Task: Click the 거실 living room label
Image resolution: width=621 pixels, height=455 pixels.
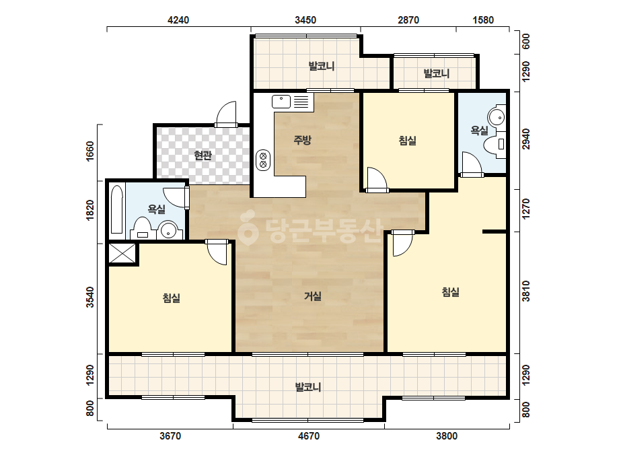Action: [x=312, y=296]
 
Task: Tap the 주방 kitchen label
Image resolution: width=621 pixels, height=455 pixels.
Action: [x=303, y=139]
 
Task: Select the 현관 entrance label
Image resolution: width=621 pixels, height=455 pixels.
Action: [x=203, y=155]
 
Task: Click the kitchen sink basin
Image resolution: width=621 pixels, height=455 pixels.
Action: [x=281, y=102]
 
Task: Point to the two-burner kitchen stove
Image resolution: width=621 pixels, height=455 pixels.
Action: [x=263, y=160]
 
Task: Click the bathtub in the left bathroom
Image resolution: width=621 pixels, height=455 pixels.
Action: [x=117, y=210]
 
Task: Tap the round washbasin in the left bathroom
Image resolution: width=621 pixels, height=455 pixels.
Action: [x=168, y=230]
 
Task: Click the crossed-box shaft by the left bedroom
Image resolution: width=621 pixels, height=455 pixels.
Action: [x=122, y=253]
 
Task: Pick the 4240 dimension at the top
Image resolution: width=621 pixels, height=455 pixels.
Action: [x=178, y=20]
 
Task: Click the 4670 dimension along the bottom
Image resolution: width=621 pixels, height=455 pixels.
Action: [x=309, y=436]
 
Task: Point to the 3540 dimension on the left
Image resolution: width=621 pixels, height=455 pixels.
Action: [x=90, y=297]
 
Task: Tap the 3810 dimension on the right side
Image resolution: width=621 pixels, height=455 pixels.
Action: [x=526, y=291]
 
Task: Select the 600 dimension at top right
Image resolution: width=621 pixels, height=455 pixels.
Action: [x=526, y=41]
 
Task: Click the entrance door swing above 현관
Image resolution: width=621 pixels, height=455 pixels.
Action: [x=226, y=114]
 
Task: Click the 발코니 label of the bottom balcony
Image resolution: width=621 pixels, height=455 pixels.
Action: [x=308, y=387]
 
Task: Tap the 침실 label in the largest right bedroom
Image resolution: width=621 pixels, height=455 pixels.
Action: [x=450, y=292]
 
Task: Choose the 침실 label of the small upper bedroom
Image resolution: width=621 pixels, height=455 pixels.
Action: [x=407, y=141]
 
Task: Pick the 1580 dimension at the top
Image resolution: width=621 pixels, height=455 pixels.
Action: [x=483, y=20]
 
